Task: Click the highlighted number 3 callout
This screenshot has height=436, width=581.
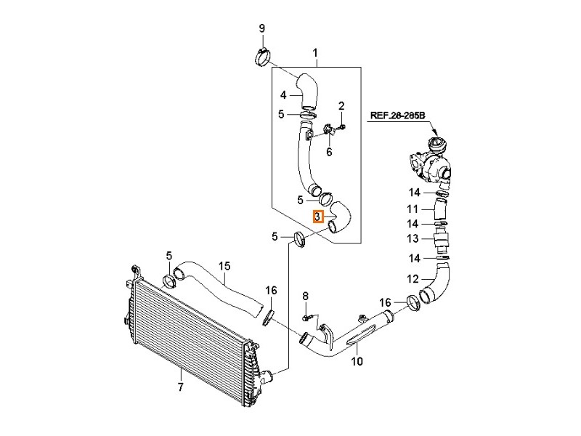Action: [317, 216]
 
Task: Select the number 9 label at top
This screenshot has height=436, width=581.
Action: [262, 28]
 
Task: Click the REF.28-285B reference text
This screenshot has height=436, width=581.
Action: [398, 115]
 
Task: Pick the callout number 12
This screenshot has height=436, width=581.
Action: [413, 278]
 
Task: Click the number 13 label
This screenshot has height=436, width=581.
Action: [413, 239]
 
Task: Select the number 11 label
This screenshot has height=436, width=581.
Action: [413, 209]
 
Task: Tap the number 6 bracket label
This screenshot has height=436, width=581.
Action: [328, 152]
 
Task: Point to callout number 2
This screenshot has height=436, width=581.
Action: [341, 107]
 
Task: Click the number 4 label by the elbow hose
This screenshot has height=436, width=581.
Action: [284, 94]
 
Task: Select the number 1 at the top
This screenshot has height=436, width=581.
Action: [316, 53]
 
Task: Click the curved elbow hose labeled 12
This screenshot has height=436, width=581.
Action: [437, 283]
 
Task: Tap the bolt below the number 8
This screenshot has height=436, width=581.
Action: [306, 318]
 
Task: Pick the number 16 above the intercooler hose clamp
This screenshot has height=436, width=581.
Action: [271, 291]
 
